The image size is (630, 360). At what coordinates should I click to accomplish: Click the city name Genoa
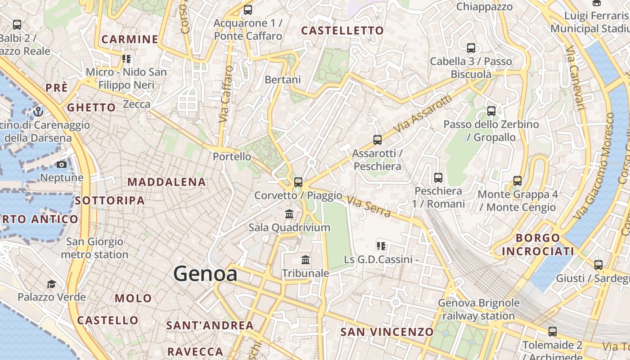(205, 274)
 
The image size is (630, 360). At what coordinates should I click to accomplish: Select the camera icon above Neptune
(62, 165)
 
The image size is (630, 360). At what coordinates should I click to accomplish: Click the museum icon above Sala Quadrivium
(289, 214)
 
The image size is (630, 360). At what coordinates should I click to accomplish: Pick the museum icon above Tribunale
(306, 260)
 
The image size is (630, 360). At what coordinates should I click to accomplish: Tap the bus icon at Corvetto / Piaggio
(298, 182)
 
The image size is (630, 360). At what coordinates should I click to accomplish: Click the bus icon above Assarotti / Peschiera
(377, 140)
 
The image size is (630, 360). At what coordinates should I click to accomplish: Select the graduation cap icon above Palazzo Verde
(51, 284)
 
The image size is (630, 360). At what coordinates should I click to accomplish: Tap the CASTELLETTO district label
(342, 31)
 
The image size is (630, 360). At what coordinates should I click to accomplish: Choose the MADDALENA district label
(166, 182)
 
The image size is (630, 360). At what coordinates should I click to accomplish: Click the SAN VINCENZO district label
(387, 332)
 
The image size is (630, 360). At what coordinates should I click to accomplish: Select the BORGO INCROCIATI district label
(538, 244)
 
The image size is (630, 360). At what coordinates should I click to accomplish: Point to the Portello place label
(232, 157)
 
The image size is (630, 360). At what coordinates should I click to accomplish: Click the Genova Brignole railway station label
(478, 309)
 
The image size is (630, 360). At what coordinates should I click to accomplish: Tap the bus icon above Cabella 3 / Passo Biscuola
(471, 48)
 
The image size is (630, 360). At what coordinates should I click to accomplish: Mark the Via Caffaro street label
(226, 94)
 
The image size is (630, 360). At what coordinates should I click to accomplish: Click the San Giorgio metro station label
(94, 248)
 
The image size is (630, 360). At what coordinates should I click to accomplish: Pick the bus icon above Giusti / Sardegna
(598, 265)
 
